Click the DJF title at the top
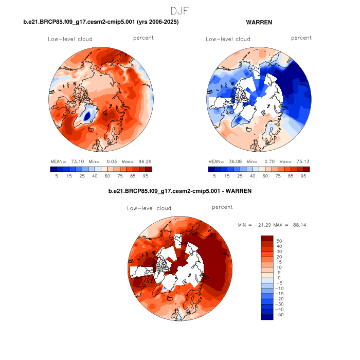(x=179, y=10)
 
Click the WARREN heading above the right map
(x=259, y=23)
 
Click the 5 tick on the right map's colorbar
(x=212, y=175)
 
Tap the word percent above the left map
(x=143, y=38)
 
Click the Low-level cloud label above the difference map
(x=149, y=208)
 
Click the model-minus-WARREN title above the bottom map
(x=180, y=191)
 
